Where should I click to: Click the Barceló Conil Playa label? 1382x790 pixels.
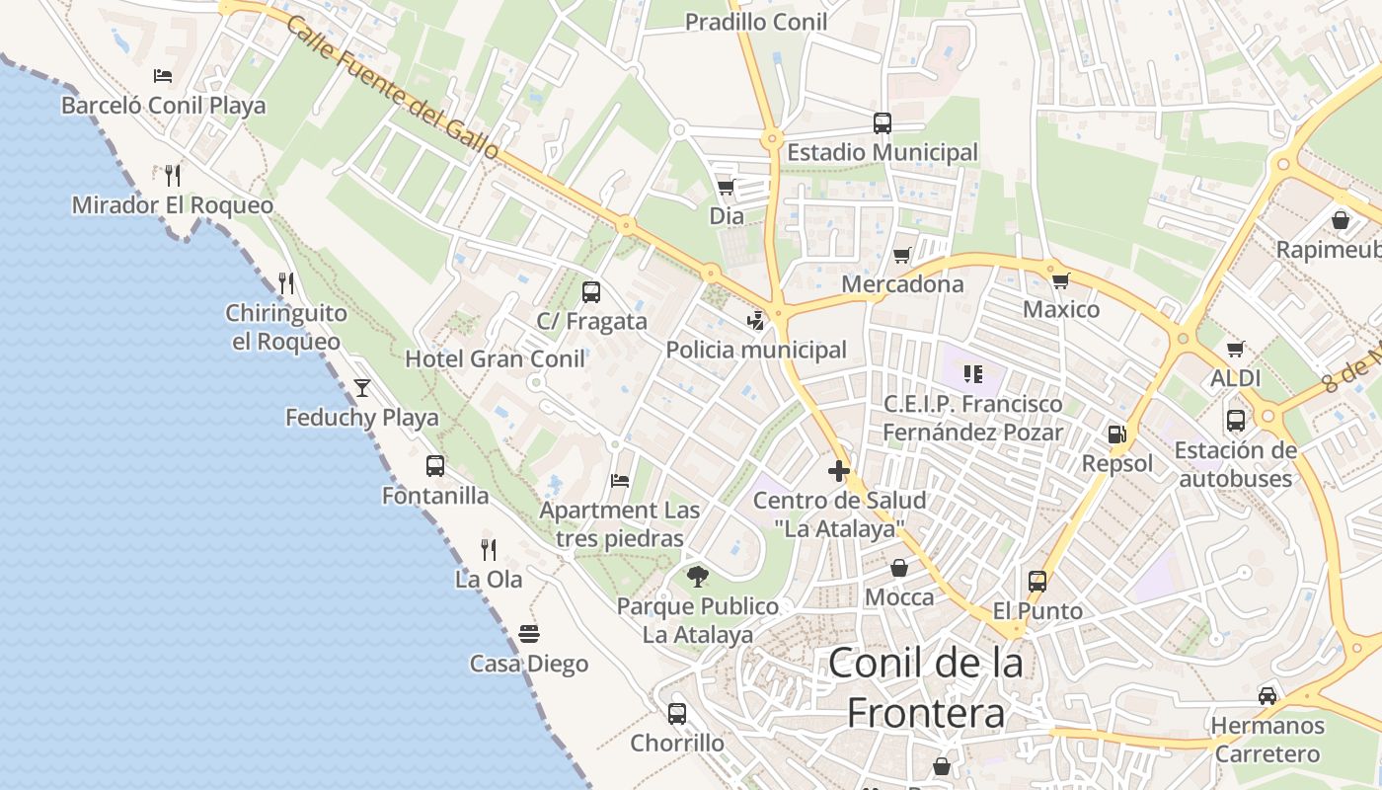click(164, 106)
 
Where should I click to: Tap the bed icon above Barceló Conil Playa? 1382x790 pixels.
click(163, 75)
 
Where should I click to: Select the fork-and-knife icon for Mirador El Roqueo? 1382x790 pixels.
click(173, 176)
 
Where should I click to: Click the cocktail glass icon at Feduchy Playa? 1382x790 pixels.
click(362, 387)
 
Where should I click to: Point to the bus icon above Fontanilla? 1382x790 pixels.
click(435, 466)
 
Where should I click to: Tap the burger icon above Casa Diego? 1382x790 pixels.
click(529, 633)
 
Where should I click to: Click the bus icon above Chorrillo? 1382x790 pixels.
click(677, 713)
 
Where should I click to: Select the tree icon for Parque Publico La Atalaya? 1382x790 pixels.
click(698, 576)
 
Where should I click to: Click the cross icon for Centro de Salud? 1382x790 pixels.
click(839, 471)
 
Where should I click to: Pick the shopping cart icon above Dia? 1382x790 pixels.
click(727, 187)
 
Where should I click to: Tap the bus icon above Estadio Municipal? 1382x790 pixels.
click(883, 123)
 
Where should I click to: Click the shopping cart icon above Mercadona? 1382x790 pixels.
click(902, 256)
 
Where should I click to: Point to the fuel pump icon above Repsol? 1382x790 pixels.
click(1116, 434)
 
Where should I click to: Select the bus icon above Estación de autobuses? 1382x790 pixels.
click(1236, 420)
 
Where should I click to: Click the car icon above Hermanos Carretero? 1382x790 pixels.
click(1267, 696)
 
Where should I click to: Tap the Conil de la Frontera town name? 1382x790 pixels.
click(926, 687)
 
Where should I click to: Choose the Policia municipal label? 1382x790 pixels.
click(756, 350)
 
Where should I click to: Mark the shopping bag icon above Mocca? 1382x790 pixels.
click(899, 568)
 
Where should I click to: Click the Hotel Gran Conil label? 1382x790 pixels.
click(496, 358)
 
